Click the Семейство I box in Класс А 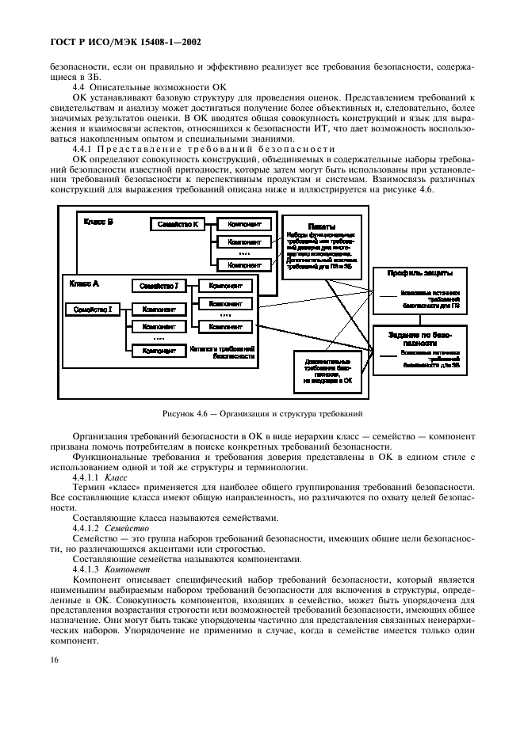(x=92, y=309)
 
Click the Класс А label (x=85, y=283)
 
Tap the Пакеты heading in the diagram (x=321, y=226)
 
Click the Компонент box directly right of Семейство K (x=243, y=225)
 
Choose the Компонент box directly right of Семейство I (x=159, y=309)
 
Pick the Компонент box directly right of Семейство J (x=226, y=285)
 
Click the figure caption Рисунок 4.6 (x=262, y=413)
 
